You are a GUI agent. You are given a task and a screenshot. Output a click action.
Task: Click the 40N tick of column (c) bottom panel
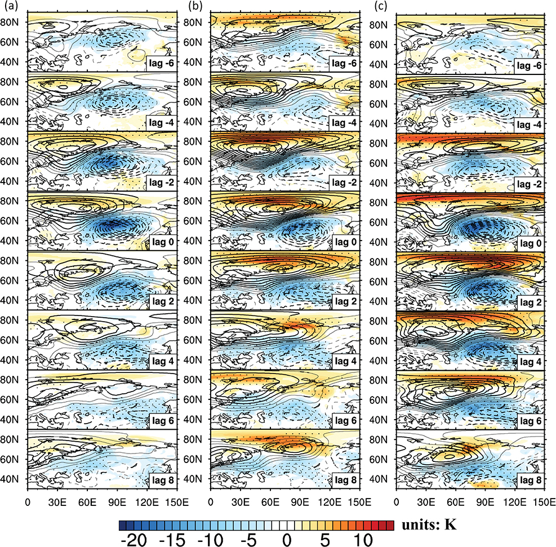click(383, 479)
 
